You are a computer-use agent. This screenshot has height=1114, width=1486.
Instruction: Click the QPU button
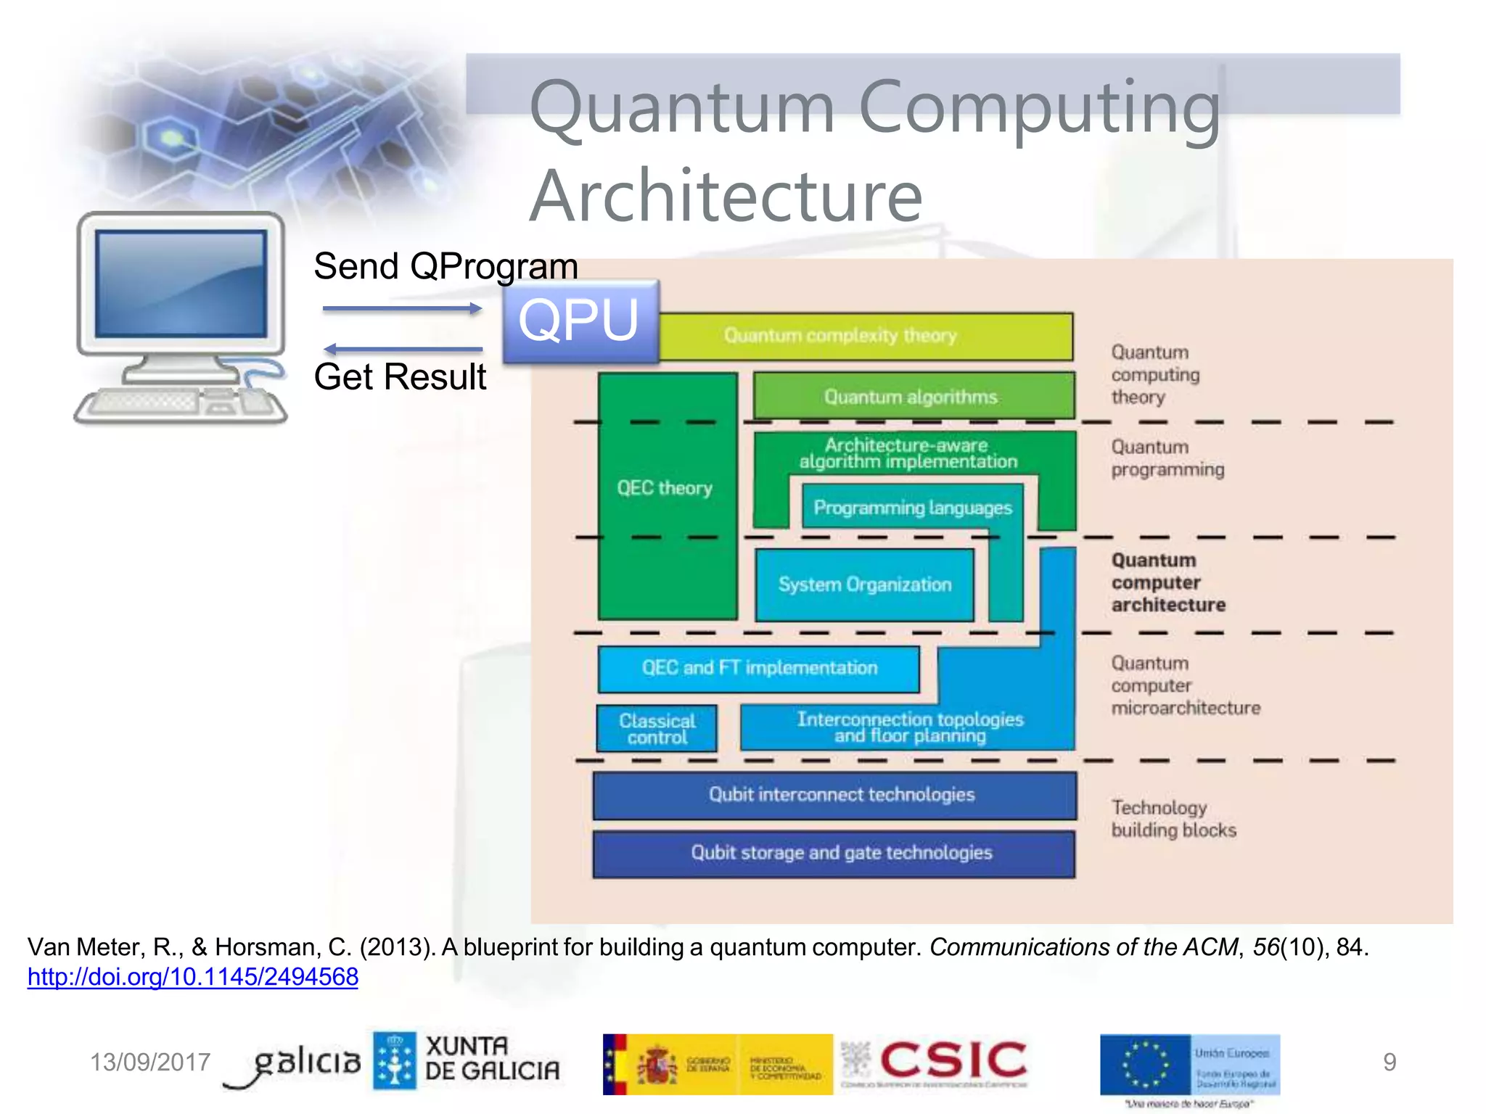coord(580,321)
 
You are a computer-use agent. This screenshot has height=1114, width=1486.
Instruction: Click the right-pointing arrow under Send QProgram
coord(402,309)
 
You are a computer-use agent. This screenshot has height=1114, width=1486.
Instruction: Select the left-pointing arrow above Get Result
coord(402,349)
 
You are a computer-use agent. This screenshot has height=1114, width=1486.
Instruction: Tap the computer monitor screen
coord(181,284)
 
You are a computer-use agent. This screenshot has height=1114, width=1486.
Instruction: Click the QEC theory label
coord(665,488)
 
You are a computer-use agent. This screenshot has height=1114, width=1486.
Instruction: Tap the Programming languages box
coord(912,508)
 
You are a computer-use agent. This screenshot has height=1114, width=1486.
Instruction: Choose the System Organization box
coord(864,585)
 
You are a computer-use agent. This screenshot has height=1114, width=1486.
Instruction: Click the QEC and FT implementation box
coord(759,668)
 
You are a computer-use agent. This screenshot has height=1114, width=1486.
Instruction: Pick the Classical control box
coord(657,729)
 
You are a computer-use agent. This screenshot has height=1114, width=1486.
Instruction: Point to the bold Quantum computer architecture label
coord(1167,582)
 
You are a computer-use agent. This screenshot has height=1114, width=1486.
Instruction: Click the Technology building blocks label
coord(1173,819)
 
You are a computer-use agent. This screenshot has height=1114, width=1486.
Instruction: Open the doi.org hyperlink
coord(193,977)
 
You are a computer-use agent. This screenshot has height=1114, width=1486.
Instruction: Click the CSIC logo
coord(952,1061)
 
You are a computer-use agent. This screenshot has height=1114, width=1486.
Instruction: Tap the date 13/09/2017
coord(149,1063)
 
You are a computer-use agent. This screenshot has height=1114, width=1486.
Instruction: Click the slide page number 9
coord(1389,1063)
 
